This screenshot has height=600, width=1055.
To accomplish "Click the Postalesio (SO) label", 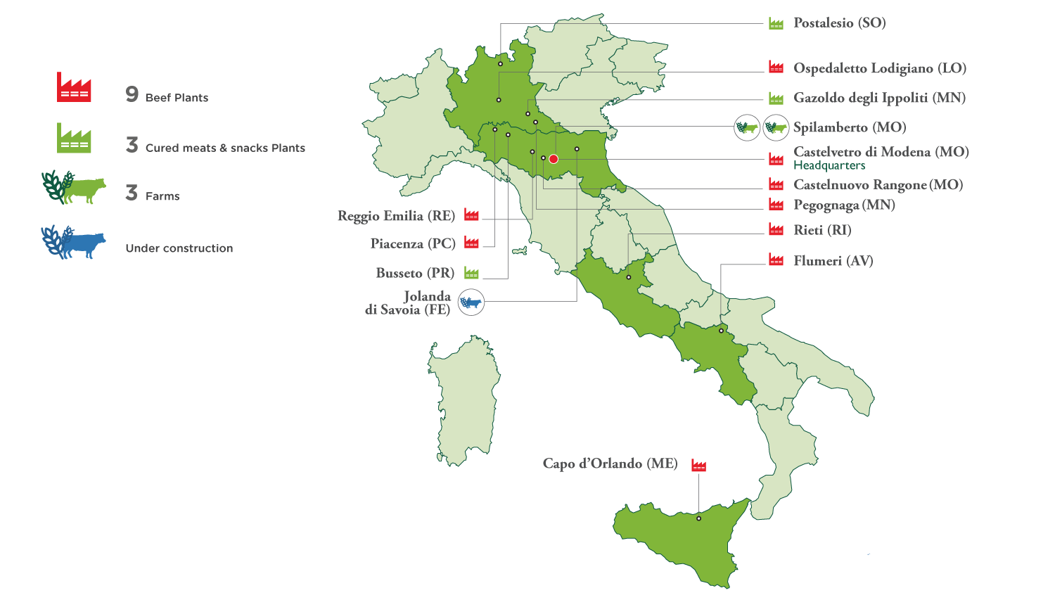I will (839, 23).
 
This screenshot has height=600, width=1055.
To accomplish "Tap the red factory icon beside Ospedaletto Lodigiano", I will (776, 68).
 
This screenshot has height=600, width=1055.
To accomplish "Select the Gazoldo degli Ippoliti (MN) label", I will (879, 98).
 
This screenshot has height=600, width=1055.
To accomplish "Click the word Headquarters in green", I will (829, 166).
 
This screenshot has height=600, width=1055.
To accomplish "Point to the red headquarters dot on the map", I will (554, 158).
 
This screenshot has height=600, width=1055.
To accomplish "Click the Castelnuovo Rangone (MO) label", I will (878, 185).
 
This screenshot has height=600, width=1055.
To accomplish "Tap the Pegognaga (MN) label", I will (844, 205).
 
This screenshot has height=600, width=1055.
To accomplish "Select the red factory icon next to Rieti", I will (776, 229).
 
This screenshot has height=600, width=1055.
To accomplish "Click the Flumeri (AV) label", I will (833, 261).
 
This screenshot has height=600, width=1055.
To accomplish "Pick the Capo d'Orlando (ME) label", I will (610, 464).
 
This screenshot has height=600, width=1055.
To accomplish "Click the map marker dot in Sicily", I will (698, 518).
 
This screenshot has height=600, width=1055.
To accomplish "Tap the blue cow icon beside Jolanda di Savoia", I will (471, 302).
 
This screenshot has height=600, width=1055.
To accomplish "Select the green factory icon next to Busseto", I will (471, 273).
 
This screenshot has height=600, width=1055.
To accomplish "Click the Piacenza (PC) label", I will (413, 243).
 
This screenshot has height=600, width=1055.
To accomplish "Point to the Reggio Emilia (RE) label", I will (396, 216).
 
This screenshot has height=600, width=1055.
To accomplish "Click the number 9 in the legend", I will (132, 94).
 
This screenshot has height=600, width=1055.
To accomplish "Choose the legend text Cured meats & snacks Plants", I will (225, 148).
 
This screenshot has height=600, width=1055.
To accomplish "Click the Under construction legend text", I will (179, 248).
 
